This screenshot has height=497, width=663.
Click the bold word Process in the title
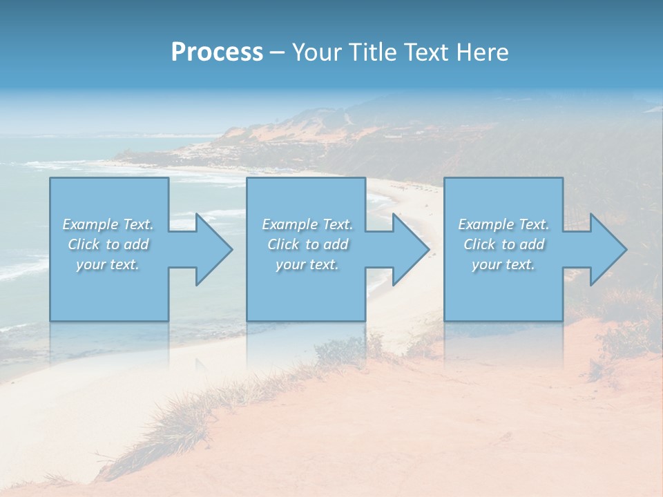(217, 52)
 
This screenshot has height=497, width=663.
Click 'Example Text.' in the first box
(108, 224)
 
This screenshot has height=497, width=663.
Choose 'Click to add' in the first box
(108, 244)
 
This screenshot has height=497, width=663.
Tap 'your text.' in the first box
(108, 264)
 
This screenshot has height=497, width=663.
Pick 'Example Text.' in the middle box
(307, 224)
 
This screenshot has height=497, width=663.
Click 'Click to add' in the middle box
(307, 244)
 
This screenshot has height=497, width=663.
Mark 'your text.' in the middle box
(307, 264)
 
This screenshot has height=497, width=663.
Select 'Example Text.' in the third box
(503, 224)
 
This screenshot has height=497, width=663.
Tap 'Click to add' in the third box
(503, 244)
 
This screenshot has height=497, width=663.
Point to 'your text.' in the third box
(503, 264)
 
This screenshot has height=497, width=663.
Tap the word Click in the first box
(84, 244)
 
